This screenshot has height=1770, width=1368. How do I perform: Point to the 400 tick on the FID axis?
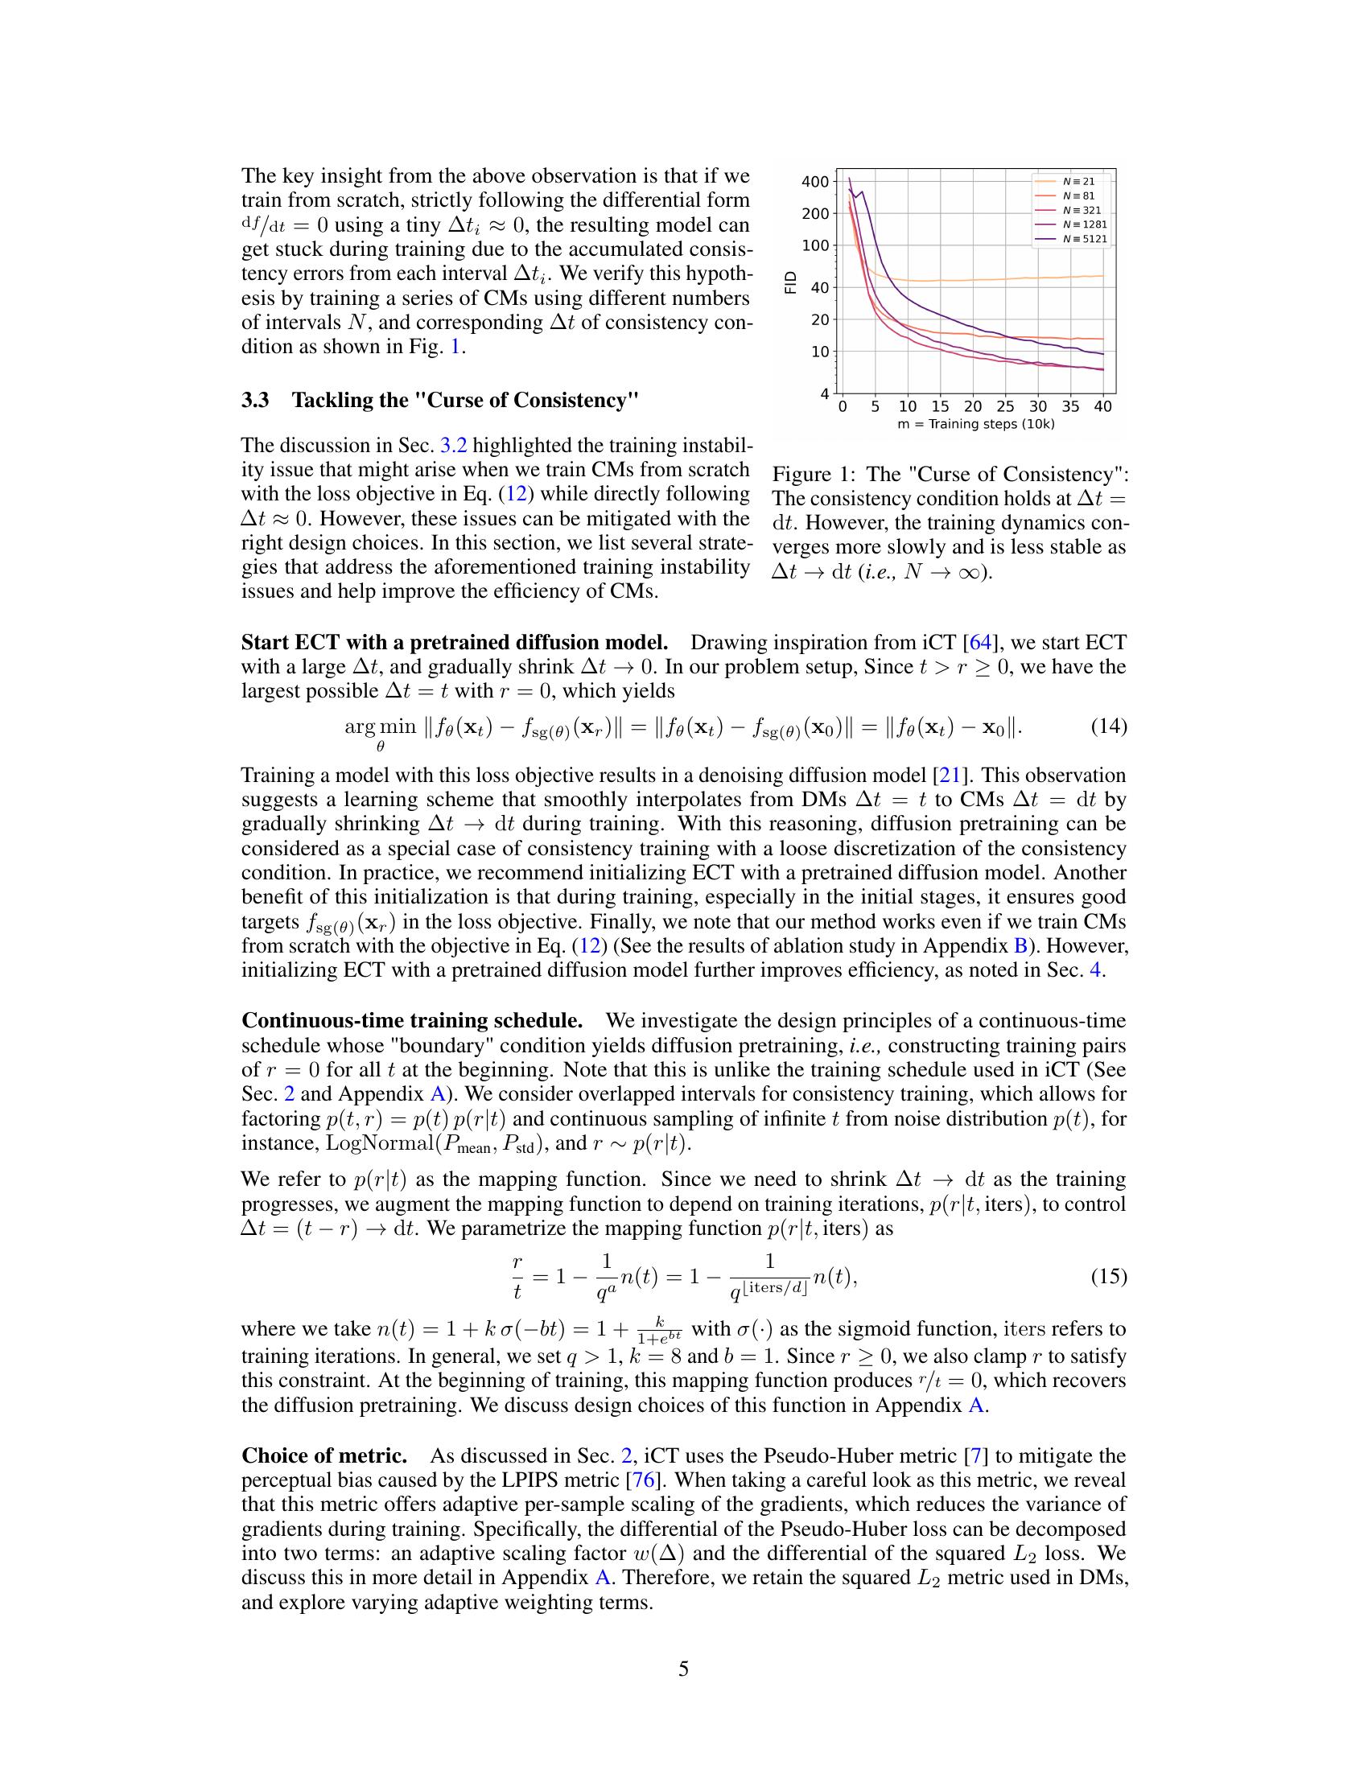[815, 182]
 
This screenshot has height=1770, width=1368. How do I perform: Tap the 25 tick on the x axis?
[1005, 406]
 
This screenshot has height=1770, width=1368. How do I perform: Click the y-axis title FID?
[792, 282]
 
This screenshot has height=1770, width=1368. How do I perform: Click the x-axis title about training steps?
[976, 424]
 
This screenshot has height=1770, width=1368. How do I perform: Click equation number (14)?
[1109, 726]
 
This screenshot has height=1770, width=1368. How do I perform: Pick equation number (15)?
[1109, 1277]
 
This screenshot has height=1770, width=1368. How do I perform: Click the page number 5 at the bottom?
[683, 1669]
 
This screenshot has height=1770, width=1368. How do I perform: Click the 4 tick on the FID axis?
[824, 395]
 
